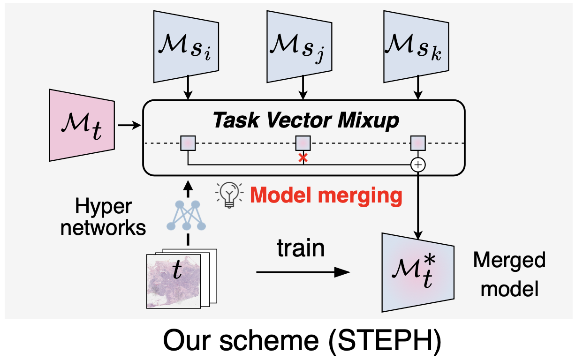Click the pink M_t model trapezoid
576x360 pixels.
tap(82, 125)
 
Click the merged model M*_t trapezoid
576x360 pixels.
tap(417, 272)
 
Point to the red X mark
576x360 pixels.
tap(303, 158)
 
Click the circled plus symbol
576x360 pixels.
tap(417, 165)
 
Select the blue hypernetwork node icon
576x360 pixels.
tap(187, 217)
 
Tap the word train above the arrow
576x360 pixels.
tap(301, 248)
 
